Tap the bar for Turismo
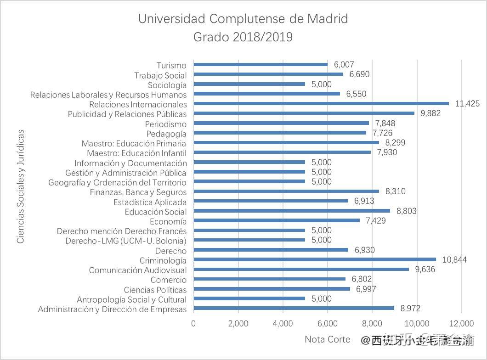coord(260,65)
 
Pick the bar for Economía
coord(276,221)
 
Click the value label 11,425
coord(467,104)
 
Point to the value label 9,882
coord(430,113)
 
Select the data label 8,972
coord(410,309)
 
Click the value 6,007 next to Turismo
coord(344,65)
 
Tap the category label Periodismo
coord(166,124)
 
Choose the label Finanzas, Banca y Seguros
coord(138,192)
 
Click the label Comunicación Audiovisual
coord(138,270)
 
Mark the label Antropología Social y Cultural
coord(131,299)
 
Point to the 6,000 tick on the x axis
coord(327,323)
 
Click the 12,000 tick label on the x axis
coord(461,323)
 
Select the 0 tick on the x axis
coord(193,323)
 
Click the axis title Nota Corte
coord(327,340)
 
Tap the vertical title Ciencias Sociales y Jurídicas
coord(20,186)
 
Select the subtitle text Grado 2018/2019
coord(243,37)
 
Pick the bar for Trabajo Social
coord(268,74)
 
